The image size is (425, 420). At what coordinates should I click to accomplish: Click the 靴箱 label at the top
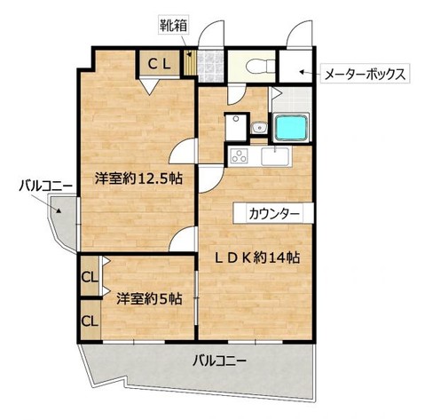(x=173, y=26)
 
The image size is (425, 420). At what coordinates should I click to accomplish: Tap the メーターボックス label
(x=365, y=75)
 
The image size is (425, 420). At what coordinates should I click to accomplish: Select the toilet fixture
(x=260, y=66)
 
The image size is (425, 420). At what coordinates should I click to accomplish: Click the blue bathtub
(x=291, y=128)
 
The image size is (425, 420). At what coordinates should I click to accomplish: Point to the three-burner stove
(x=240, y=155)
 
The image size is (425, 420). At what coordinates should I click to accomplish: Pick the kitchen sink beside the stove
(x=275, y=156)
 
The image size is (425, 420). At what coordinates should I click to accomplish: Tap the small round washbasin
(x=259, y=128)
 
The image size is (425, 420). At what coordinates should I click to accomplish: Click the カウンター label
(x=274, y=213)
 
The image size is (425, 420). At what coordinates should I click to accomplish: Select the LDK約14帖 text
(x=256, y=258)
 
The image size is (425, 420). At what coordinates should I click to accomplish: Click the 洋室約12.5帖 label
(x=138, y=178)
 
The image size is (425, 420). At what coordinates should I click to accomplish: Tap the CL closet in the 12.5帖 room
(x=159, y=63)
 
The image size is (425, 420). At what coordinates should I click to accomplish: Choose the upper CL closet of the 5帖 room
(x=90, y=276)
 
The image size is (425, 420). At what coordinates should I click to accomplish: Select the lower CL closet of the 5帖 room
(x=90, y=321)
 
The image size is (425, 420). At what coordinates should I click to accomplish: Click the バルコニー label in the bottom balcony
(x=219, y=361)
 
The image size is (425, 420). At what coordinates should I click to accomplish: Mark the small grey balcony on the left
(x=64, y=222)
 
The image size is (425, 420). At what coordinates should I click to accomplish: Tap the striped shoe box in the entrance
(x=188, y=63)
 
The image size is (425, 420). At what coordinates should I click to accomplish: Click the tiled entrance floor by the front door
(x=210, y=67)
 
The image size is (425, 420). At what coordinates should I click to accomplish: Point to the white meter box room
(x=295, y=67)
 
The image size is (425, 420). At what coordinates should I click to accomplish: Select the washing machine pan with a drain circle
(x=236, y=127)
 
